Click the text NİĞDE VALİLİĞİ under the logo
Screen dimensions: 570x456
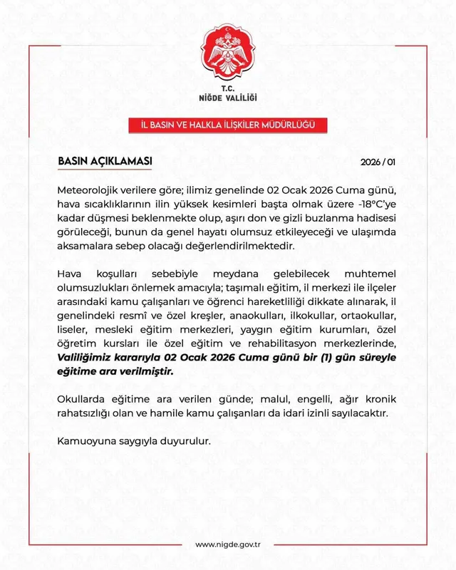[227, 96]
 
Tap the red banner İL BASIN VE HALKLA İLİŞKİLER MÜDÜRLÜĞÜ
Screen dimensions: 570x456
[227, 125]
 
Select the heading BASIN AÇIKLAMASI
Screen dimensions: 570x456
[105, 161]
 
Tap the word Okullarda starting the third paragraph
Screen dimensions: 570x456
[84, 400]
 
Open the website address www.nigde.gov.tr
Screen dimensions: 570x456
[227, 545]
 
